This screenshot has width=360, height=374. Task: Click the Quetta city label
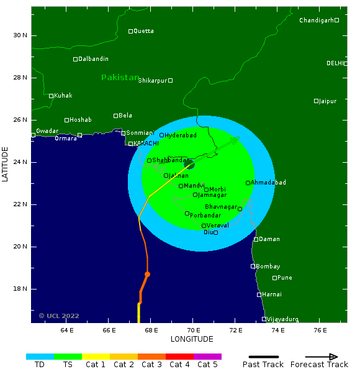click(144, 31)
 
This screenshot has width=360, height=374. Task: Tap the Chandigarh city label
click(316, 21)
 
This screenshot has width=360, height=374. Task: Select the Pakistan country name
click(120, 78)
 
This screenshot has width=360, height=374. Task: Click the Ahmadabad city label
click(268, 183)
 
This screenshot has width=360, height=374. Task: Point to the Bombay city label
click(268, 267)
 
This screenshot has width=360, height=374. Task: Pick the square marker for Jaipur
click(316, 101)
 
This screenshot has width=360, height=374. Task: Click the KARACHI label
click(146, 144)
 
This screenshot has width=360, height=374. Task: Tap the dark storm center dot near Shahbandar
click(189, 164)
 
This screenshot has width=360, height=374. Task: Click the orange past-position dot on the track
click(147, 274)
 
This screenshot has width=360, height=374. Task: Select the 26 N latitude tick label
click(20, 120)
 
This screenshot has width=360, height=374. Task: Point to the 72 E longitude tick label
click(236, 330)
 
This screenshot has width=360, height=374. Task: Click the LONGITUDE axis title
click(192, 339)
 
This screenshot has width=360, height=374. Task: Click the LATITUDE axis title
click(6, 165)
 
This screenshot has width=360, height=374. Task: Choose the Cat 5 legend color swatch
click(207, 357)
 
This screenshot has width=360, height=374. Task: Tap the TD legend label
click(40, 365)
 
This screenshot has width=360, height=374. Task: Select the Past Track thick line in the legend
click(263, 357)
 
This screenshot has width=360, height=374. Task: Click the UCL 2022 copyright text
click(59, 316)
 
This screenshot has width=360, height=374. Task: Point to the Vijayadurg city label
click(282, 319)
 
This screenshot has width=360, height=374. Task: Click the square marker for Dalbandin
click(75, 59)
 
